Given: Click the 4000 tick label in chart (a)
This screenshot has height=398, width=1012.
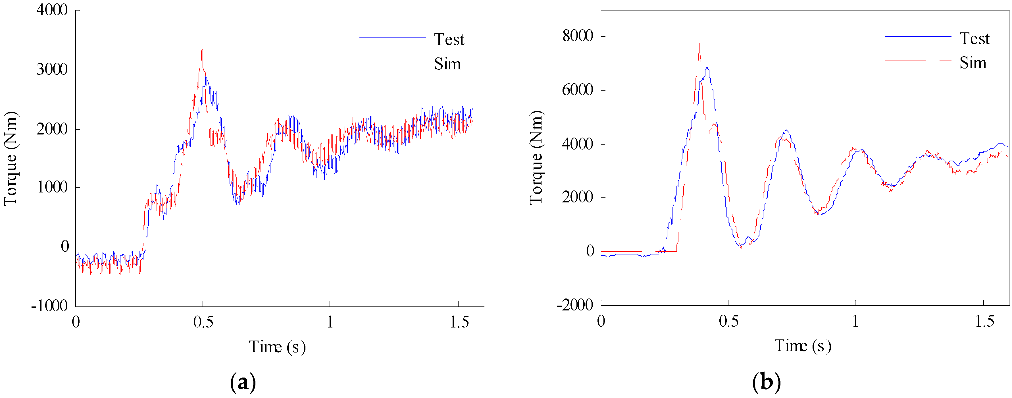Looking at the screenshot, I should point(52,10).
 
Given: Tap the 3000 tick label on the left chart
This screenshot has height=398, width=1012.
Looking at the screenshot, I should point(52,70).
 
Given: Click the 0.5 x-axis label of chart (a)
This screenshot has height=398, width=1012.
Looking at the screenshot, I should point(203,322).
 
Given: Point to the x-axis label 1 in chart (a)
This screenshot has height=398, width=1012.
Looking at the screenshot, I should point(330,322).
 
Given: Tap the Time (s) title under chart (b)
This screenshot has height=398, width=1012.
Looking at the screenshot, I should point(803,346).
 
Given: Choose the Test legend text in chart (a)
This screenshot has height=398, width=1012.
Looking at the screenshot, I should point(449,39).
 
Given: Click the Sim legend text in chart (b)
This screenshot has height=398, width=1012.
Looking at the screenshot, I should point(973,63).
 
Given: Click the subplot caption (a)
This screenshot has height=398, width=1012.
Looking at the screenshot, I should point(243,382).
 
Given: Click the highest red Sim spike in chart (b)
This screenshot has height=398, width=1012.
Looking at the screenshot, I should point(699,44).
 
